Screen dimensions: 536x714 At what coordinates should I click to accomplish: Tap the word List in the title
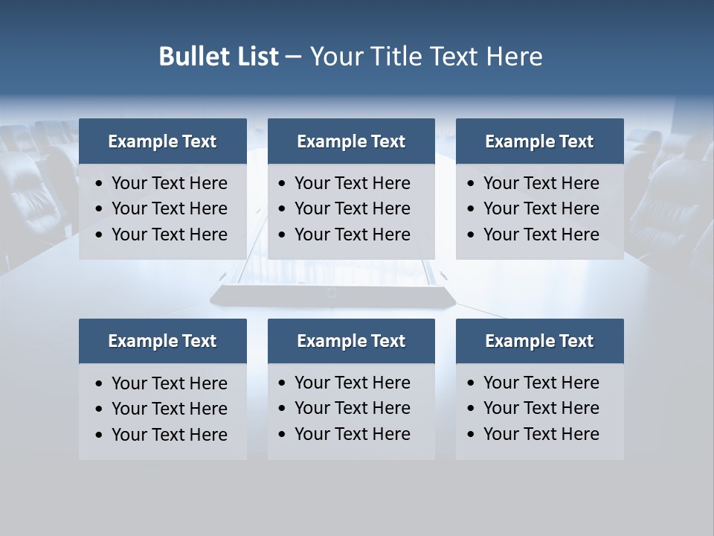tap(255, 57)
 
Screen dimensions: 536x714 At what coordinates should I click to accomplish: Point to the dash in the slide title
tap(293, 57)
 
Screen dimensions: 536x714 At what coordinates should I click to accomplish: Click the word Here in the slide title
tap(514, 57)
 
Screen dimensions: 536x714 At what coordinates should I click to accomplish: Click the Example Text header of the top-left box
tap(162, 141)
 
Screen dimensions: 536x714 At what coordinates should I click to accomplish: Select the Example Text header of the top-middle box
tap(351, 141)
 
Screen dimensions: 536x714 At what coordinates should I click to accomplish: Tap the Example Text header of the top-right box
tap(539, 141)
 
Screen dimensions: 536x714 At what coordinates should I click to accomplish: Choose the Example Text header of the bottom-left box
tap(162, 341)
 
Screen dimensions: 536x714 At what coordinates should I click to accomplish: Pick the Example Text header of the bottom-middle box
tap(351, 341)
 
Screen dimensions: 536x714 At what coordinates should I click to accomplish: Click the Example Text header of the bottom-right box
tap(539, 341)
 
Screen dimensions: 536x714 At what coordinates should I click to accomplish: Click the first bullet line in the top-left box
tap(169, 183)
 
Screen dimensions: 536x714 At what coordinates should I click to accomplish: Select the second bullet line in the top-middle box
tap(352, 208)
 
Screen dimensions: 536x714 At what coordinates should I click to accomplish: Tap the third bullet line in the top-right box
tap(541, 234)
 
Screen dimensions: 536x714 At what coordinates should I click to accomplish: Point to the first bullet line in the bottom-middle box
tap(352, 383)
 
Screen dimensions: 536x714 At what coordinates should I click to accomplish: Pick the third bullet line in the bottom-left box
tap(169, 435)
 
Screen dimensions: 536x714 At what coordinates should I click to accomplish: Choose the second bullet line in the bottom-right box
tap(541, 408)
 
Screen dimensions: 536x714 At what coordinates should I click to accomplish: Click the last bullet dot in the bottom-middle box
tap(282, 434)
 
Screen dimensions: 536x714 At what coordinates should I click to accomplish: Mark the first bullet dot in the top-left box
tap(99, 183)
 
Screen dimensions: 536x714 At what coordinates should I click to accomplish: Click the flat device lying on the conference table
tap(332, 296)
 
